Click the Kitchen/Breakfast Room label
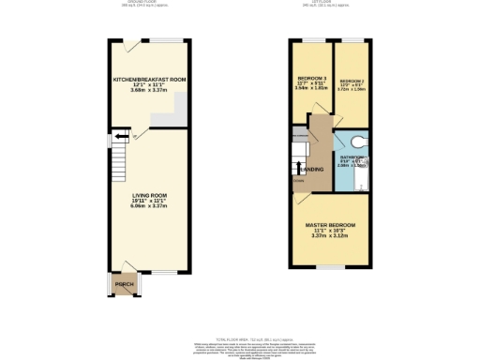pyautogui.click(x=149, y=80)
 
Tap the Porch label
pyautogui.click(x=124, y=285)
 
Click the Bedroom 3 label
pyautogui.click(x=312, y=78)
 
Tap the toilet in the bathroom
pyautogui.click(x=361, y=142)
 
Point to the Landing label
pyautogui.click(x=312, y=170)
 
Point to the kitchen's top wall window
pyautogui.click(x=170, y=39)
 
